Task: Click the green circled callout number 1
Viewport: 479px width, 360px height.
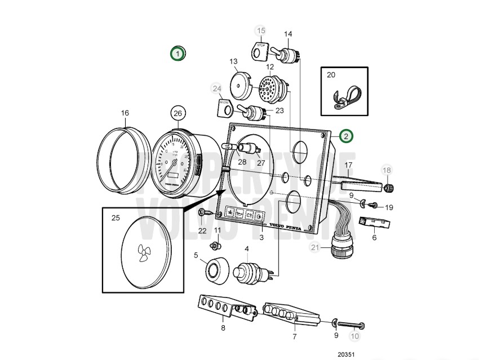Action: pyautogui.click(x=178, y=54)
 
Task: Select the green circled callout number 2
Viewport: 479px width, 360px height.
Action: pyautogui.click(x=346, y=135)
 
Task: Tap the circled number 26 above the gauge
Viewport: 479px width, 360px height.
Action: pyautogui.click(x=178, y=113)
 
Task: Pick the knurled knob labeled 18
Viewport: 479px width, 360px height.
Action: pyautogui.click(x=388, y=187)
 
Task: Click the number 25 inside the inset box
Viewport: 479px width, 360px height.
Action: pyautogui.click(x=116, y=217)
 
